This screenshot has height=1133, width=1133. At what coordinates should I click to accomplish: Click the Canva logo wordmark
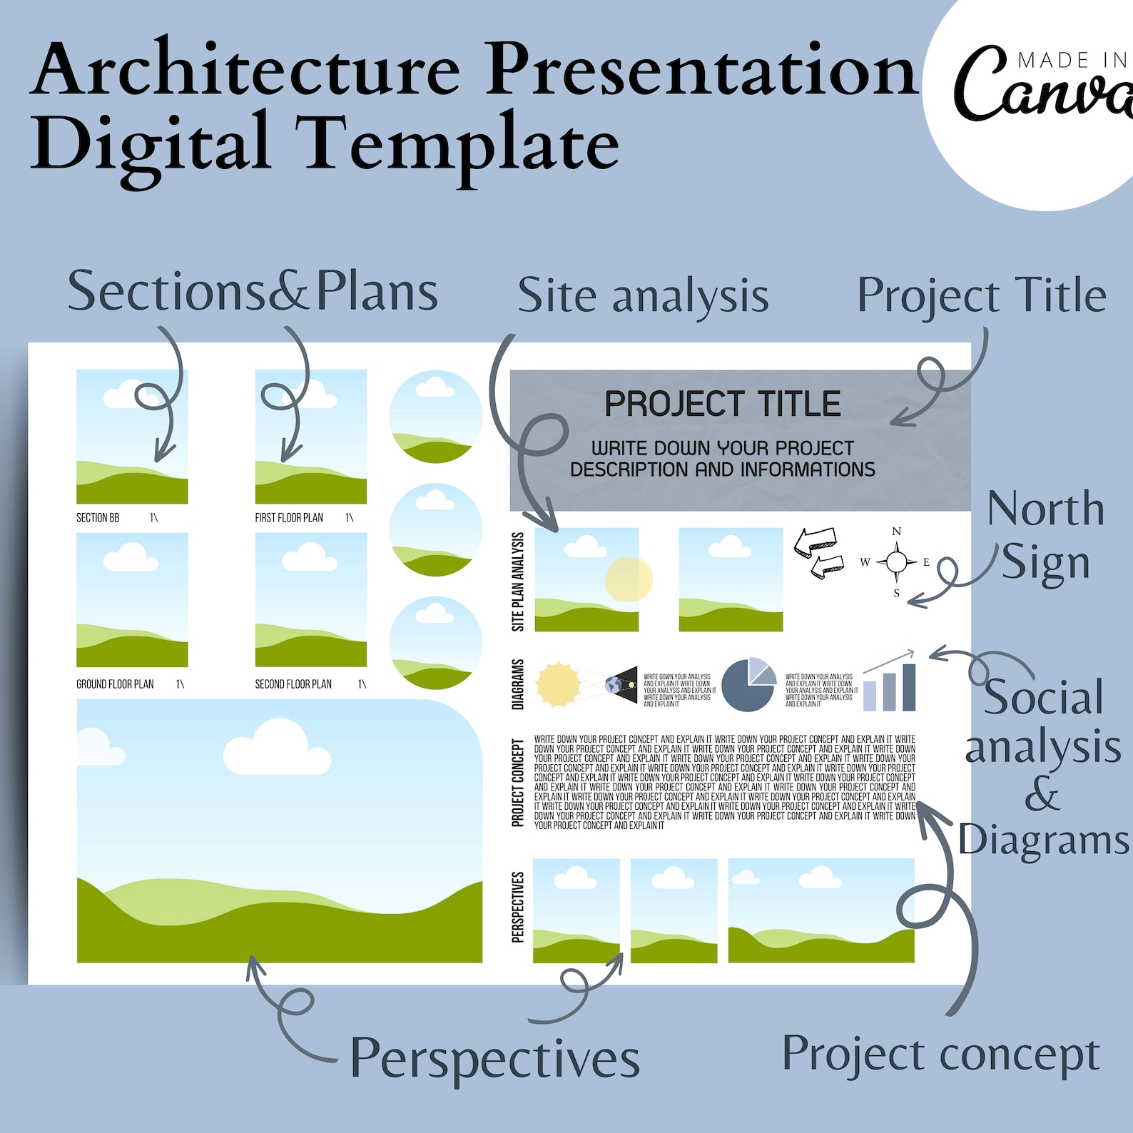(x=1042, y=89)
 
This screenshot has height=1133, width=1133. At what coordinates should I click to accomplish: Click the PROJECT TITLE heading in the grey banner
(x=722, y=404)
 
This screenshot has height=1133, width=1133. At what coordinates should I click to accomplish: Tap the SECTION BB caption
(x=98, y=517)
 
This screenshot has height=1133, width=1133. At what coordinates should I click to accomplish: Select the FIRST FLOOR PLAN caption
(x=289, y=517)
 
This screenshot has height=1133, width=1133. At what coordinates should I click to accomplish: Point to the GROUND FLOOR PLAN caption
(x=115, y=684)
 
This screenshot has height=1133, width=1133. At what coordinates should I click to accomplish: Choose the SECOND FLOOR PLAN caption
(x=293, y=684)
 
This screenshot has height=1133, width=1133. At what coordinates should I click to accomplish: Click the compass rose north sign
(x=896, y=562)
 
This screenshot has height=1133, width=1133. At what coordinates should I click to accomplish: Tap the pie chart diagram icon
(x=748, y=685)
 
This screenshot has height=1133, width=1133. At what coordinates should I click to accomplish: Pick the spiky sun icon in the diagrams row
(x=559, y=685)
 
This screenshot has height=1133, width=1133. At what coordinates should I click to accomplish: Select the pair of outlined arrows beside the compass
(x=818, y=554)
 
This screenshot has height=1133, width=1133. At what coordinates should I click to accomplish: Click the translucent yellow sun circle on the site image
(x=629, y=579)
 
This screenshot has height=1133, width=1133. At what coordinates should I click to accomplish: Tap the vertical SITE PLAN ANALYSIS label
(x=518, y=581)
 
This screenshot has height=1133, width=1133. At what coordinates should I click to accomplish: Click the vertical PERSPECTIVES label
(x=518, y=907)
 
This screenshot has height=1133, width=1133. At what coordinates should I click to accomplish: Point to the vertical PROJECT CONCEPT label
(x=518, y=783)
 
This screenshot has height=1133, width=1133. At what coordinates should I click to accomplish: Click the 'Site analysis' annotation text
(x=643, y=296)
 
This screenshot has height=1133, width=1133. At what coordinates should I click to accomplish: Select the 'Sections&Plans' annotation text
(x=253, y=291)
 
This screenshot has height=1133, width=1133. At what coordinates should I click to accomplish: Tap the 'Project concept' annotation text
(x=940, y=1055)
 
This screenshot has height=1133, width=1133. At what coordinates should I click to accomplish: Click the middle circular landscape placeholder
(x=435, y=529)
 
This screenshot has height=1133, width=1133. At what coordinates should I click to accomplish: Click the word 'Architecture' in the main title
(x=247, y=70)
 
